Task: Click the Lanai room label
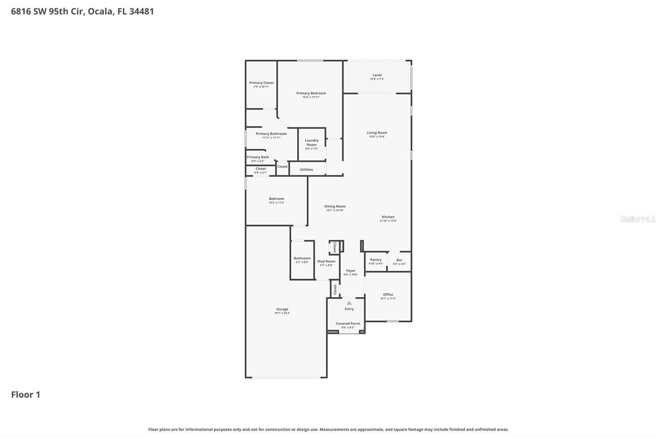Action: [377, 75]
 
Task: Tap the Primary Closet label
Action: [261, 83]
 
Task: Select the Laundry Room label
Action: [312, 143]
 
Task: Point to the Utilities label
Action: [306, 169]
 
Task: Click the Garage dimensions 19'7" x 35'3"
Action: [282, 313]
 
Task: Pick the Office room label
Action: [388, 294]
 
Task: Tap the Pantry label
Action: [376, 260]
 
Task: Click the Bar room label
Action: [399, 260]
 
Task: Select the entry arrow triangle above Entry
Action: [349, 303]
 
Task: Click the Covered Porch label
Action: [348, 323]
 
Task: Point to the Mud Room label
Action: [326, 261]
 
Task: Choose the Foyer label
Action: [351, 271]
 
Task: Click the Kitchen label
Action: [388, 217]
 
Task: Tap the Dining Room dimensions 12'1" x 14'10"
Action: [335, 210]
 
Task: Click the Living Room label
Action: [377, 133]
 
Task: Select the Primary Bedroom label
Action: [311, 93]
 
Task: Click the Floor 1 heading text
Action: [25, 394]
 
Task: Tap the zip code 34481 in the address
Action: [141, 11]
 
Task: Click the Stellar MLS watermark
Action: [637, 219]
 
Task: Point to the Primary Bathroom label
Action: [271, 134]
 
